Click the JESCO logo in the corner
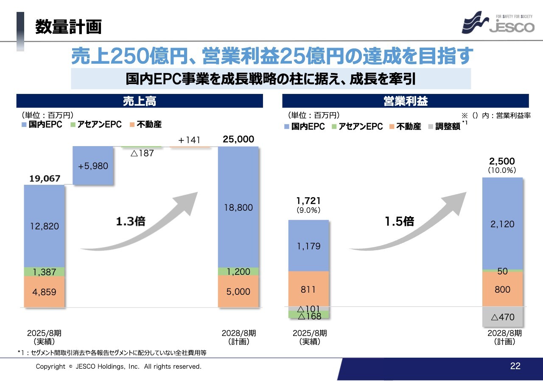498,23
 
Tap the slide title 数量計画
68,26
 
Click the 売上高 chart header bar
140,101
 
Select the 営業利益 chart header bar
405,101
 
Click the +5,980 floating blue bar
93,166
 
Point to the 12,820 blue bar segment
44,226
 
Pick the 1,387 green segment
44,272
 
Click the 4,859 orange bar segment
44,292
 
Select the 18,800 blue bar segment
238,207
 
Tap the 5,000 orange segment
238,292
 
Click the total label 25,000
238,139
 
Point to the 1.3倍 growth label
131,221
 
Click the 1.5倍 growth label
399,221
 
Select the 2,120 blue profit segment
502,224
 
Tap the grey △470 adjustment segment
502,317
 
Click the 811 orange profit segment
308,289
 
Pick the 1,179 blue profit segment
308,246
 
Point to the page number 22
515,366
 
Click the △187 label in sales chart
142,153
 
